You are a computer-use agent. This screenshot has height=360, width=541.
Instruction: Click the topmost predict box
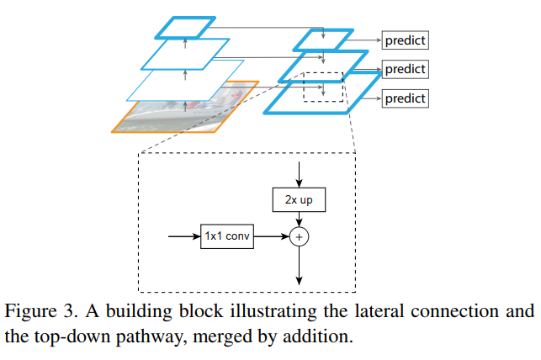[406, 40]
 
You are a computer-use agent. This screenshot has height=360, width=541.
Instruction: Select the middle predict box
[406, 68]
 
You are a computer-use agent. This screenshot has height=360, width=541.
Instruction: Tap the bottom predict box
[406, 98]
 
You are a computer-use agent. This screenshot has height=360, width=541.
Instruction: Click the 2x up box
[299, 200]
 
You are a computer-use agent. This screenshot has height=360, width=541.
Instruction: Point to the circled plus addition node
[299, 237]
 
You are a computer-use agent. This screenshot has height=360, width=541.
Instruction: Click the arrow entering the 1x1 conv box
[183, 237]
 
